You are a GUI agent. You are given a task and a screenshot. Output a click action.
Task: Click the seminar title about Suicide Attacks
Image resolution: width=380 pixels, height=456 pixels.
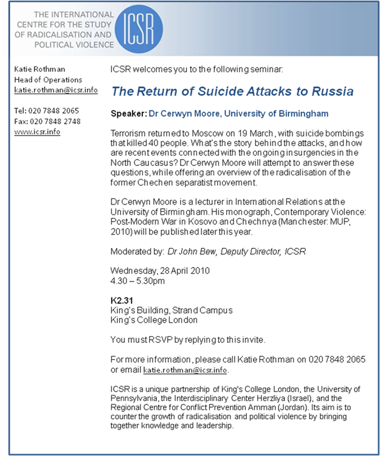232,92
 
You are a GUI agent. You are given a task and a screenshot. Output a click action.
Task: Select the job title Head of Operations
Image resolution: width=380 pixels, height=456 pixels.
48,80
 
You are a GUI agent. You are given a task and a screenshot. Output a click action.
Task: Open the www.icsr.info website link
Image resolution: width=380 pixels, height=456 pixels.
37,131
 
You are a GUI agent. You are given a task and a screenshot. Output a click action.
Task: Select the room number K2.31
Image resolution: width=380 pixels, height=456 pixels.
122,300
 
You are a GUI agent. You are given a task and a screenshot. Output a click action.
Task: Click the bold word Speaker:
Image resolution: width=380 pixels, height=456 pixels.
129,114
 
